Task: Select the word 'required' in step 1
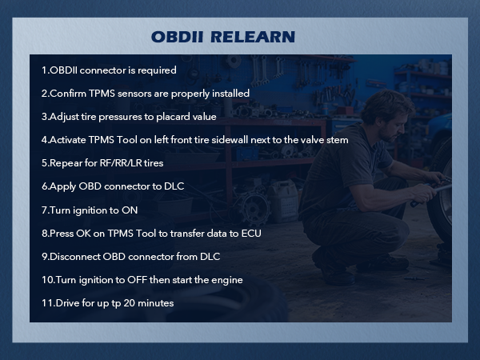[x=156, y=70]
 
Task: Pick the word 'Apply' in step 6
[x=63, y=186]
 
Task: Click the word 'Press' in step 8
[x=63, y=233]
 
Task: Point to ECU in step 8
[x=250, y=233]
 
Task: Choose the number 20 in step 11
[x=134, y=302]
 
